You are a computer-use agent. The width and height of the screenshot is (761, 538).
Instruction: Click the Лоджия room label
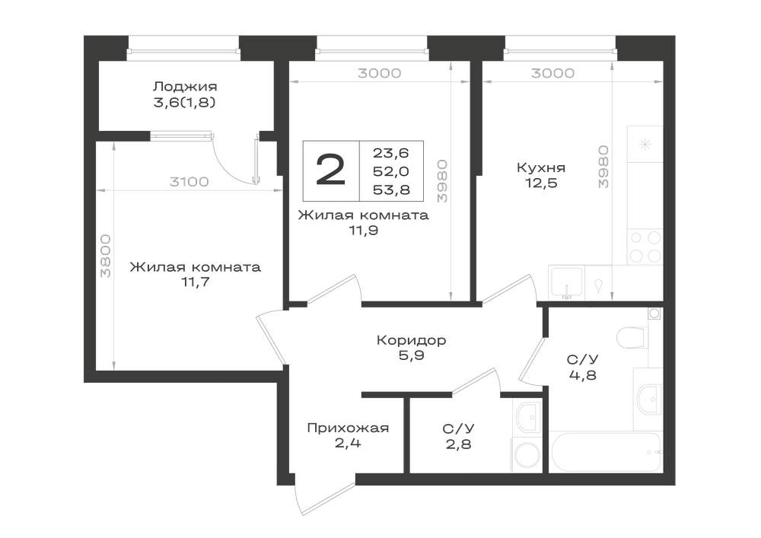(184, 87)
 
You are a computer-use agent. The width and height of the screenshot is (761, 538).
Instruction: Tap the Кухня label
(540, 168)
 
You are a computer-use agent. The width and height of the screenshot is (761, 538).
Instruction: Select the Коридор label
(411, 340)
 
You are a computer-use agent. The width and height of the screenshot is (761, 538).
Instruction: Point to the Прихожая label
(348, 428)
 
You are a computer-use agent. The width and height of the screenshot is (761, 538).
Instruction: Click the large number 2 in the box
(330, 170)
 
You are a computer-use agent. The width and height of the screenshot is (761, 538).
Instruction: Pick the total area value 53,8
(391, 189)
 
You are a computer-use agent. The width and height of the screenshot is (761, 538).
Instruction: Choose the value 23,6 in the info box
(391, 153)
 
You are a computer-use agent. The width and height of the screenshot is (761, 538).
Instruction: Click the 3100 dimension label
(189, 182)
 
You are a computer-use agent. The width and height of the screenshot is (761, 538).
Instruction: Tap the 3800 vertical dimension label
(106, 256)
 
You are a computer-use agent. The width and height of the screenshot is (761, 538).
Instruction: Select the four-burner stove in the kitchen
(645, 247)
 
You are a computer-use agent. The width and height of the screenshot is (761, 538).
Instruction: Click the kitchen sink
(566, 283)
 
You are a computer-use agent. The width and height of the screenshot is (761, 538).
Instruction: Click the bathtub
(607, 452)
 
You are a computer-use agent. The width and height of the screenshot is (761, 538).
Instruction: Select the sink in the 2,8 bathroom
(527, 417)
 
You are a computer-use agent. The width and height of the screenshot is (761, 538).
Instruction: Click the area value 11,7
(195, 282)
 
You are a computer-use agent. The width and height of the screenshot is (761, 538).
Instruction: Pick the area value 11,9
(364, 231)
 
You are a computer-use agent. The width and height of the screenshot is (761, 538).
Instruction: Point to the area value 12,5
(540, 183)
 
